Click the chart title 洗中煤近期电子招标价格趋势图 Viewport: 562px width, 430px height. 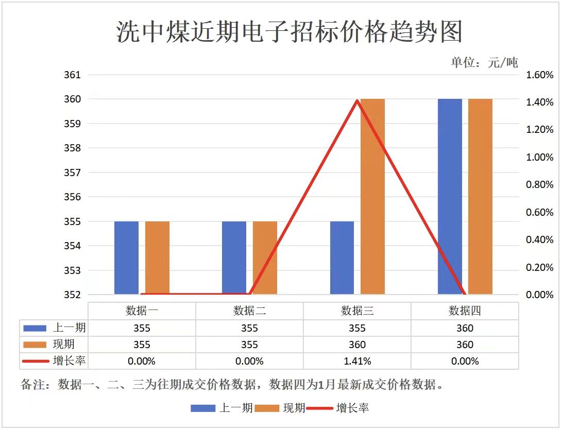pyautogui.click(x=289, y=32)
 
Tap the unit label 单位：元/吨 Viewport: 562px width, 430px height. pyautogui.click(x=484, y=63)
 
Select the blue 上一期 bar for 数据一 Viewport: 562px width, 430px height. pyautogui.click(x=126, y=257)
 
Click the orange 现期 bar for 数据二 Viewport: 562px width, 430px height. pyautogui.click(x=265, y=257)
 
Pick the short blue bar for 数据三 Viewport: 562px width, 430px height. pyautogui.click(x=342, y=257)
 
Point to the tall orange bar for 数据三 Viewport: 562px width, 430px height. pyautogui.click(x=372, y=196)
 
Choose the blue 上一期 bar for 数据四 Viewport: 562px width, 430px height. pyautogui.click(x=450, y=196)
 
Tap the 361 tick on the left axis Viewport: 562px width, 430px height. pyautogui.click(x=73, y=75)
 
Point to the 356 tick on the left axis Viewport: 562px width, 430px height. pyautogui.click(x=73, y=197)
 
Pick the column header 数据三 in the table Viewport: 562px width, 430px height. pyautogui.click(x=357, y=311)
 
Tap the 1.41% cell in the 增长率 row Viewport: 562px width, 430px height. pyautogui.click(x=357, y=361)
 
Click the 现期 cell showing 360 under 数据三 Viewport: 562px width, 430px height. pyautogui.click(x=357, y=345)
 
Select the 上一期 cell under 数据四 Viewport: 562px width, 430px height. pyautogui.click(x=465, y=328)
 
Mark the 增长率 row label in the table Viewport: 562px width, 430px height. pyautogui.click(x=69, y=361)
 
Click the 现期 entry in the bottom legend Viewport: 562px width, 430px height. pyautogui.click(x=294, y=408)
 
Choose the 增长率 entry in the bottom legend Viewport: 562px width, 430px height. pyautogui.click(x=352, y=408)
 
